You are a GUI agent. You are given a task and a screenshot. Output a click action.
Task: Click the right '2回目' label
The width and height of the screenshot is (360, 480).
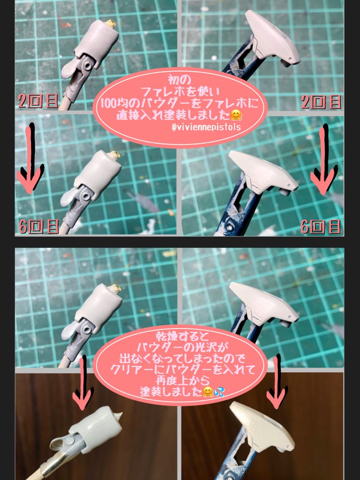coord(321,102)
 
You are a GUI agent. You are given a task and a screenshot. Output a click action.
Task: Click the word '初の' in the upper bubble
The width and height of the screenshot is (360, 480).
coord(180,77)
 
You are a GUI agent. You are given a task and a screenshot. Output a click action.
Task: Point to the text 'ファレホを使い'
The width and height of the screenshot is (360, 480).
coord(180,90)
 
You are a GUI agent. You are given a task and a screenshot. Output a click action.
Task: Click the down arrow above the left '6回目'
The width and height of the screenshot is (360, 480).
coord(30,159)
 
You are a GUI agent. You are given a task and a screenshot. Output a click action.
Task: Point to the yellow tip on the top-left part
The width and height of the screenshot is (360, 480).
coord(112,22)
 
